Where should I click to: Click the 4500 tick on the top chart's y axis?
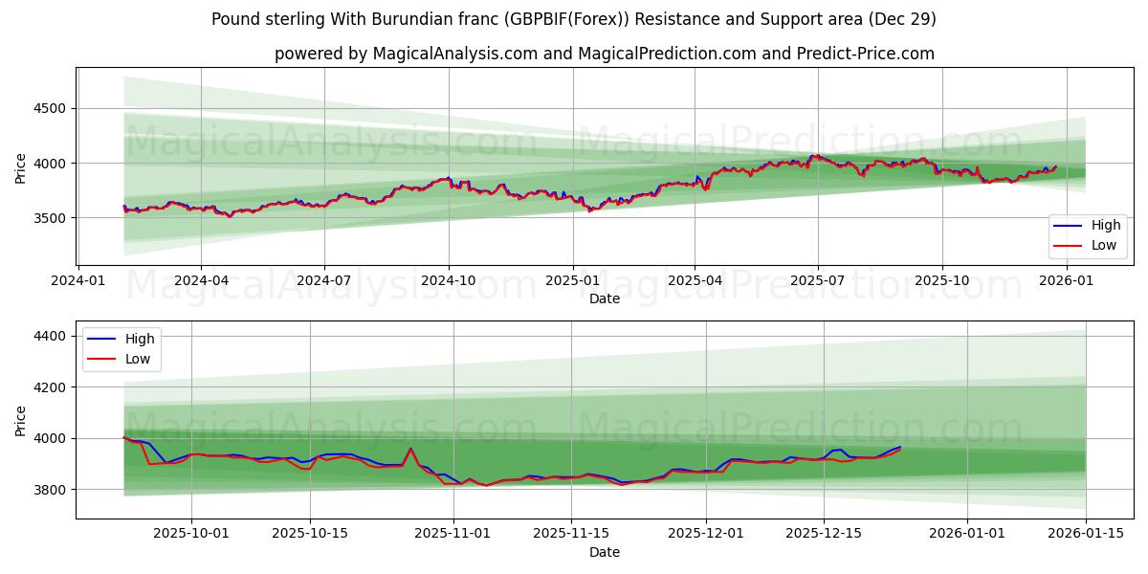coord(48,108)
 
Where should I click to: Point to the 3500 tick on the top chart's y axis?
coord(48,218)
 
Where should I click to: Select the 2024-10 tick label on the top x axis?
coord(448,280)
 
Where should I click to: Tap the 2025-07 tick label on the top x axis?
coord(817,280)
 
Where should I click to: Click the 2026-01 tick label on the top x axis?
coord(1066,280)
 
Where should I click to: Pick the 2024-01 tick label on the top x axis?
coord(77,280)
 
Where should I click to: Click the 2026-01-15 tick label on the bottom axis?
coord(1086,534)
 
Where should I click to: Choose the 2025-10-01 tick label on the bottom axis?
coord(191,534)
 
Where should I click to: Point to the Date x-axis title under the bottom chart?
coord(604,552)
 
